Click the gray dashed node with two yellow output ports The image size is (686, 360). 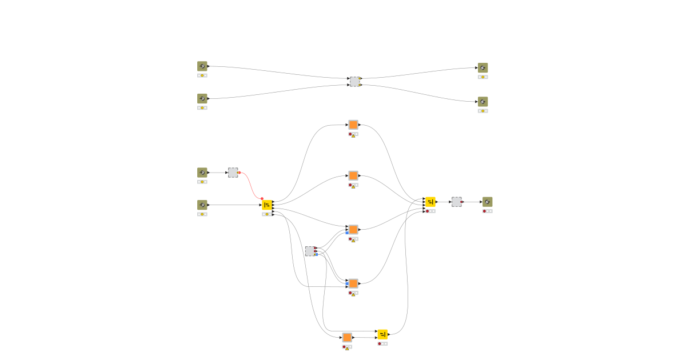354,82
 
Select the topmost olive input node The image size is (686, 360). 202,66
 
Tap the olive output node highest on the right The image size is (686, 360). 483,68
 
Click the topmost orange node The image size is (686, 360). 353,125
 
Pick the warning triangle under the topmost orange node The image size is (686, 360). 353,136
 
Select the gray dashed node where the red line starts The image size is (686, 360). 233,173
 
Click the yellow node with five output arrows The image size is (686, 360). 267,205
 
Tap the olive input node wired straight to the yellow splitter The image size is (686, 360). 202,205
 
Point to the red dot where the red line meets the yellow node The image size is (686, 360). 262,198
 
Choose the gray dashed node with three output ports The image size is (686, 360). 309,251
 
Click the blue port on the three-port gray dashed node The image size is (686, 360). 316,254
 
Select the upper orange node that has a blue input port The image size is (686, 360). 353,229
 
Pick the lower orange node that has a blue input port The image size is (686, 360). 353,283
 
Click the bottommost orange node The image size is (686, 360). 347,337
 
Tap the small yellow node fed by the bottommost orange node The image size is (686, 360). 382,334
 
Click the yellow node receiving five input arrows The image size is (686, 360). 430,202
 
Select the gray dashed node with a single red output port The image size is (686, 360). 456,202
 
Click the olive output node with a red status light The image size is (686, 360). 487,202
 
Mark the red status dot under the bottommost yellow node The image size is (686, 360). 380,343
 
